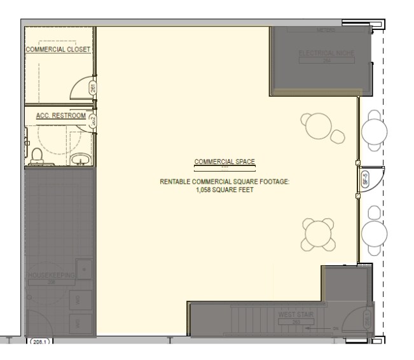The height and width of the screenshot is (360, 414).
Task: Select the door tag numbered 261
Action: point(93,88)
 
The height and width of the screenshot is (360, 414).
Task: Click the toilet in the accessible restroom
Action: point(36,155)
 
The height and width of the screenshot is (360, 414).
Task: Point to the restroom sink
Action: point(79,158)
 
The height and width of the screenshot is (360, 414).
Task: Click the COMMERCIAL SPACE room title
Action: point(224,162)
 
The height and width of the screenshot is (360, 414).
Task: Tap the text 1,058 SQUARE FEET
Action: point(224,189)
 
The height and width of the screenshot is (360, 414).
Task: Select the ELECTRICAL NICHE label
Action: point(326,53)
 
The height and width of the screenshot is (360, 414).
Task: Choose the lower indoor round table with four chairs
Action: point(317,233)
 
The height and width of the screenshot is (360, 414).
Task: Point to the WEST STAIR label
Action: point(293,315)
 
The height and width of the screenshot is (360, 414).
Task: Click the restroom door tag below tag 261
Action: point(93,121)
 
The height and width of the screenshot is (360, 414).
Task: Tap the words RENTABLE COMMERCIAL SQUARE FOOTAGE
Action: point(224,182)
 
